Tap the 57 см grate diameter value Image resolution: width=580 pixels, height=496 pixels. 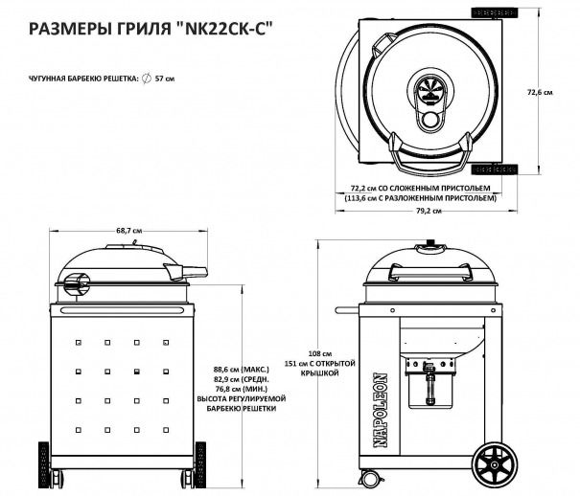click(x=165, y=79)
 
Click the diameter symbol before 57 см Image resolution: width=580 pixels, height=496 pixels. click(x=147, y=79)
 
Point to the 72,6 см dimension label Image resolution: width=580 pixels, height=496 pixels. click(x=540, y=92)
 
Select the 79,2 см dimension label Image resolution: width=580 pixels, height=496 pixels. click(x=427, y=212)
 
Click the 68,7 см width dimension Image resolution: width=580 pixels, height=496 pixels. click(x=129, y=231)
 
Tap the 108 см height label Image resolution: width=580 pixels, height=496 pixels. click(x=320, y=353)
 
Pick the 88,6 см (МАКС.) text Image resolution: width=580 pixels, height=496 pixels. click(x=242, y=370)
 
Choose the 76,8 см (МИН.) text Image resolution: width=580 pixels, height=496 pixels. click(x=242, y=389)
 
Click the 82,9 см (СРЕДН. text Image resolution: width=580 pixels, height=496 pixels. click(x=242, y=379)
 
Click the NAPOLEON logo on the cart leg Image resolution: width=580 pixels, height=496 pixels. click(x=381, y=411)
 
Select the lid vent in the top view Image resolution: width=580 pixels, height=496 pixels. click(x=429, y=90)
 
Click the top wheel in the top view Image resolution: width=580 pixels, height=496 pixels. click(x=494, y=12)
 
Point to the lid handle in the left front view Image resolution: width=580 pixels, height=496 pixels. click(x=186, y=271)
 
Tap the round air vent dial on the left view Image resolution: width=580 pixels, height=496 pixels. click(x=77, y=285)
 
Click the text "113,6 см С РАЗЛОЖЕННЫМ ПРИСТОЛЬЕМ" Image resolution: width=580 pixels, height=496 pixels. click(x=420, y=198)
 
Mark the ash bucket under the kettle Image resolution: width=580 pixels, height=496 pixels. click(x=430, y=389)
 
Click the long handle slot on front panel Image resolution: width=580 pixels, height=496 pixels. click(x=123, y=310)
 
